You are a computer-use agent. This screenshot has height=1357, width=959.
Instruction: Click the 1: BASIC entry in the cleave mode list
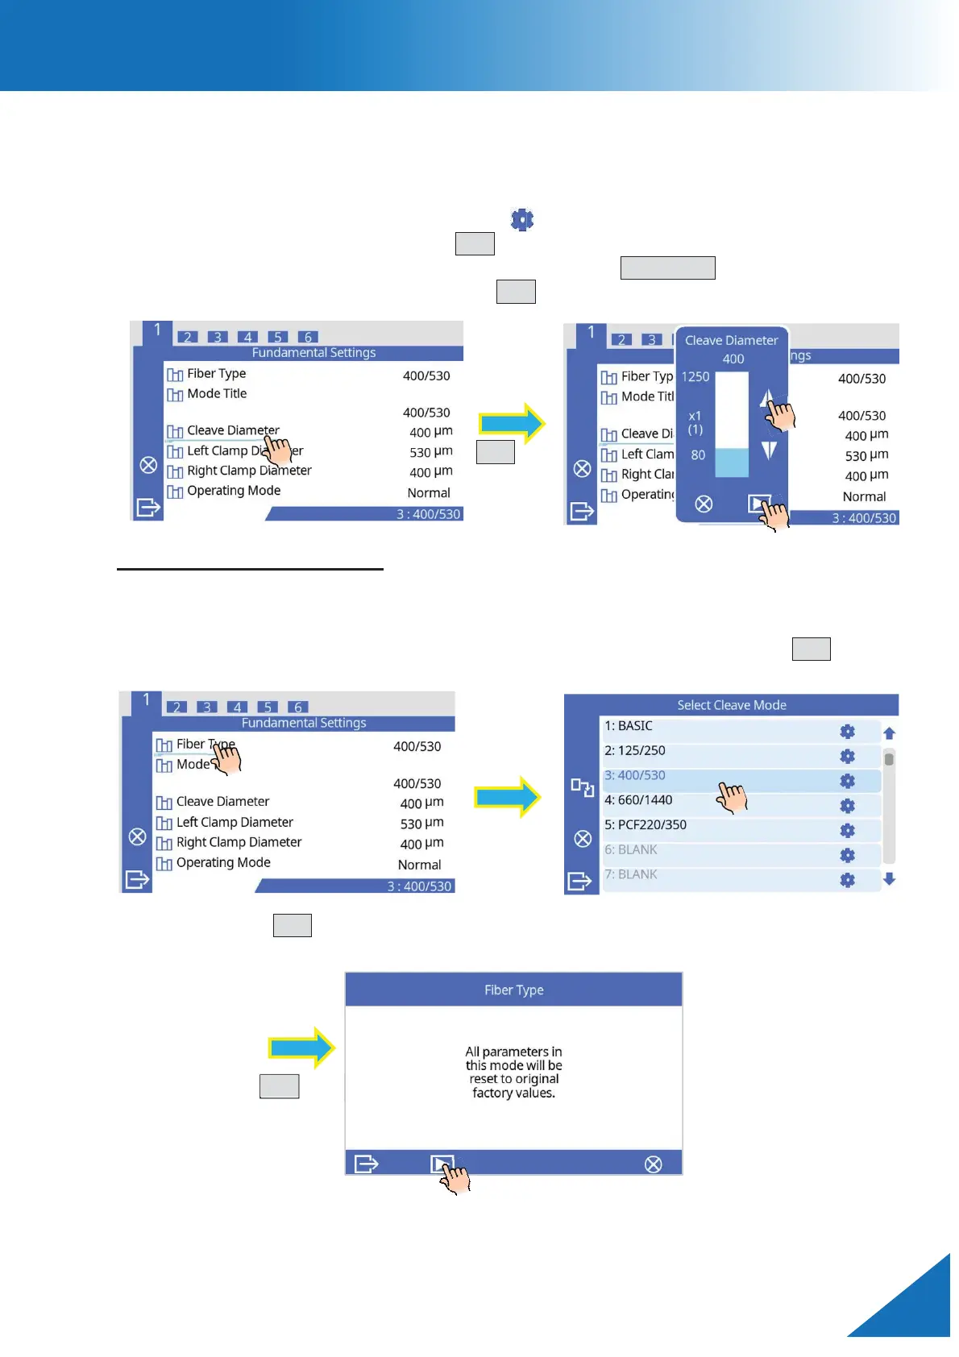point(629,726)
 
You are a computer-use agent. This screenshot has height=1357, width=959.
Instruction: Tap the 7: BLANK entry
point(631,874)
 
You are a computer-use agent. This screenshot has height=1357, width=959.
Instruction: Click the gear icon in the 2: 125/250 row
point(847,756)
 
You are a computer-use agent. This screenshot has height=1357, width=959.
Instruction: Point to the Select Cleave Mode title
point(731,705)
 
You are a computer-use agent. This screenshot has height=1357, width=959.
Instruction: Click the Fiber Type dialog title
point(513,990)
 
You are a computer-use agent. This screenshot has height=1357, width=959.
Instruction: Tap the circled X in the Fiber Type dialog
point(654,1164)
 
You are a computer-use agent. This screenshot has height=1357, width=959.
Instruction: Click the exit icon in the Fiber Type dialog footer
point(366,1164)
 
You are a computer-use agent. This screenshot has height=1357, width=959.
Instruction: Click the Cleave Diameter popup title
point(731,340)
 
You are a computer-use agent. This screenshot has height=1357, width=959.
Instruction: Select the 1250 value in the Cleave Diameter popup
point(695,376)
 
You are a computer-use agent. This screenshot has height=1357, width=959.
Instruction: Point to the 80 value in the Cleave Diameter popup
point(698,454)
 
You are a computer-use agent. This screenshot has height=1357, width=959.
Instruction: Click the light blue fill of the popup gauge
point(732,463)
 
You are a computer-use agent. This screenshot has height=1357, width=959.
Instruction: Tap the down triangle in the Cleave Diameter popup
point(769,450)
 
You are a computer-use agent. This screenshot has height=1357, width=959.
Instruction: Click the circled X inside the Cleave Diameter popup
point(704,504)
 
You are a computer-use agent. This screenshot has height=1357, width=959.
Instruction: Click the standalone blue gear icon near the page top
point(522,219)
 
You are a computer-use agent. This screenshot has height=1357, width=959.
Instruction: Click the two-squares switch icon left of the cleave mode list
point(582,787)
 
